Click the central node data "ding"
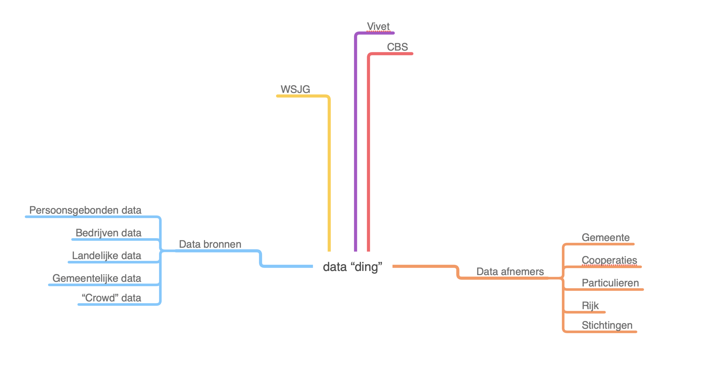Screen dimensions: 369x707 (x=352, y=267)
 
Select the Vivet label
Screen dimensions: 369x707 (x=378, y=27)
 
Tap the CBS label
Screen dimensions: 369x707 (x=397, y=47)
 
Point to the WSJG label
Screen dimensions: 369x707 (x=295, y=89)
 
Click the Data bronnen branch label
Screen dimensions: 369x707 (x=210, y=244)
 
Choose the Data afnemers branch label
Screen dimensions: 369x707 (x=510, y=272)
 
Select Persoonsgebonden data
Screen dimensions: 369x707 (x=85, y=210)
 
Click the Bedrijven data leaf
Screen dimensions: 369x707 (x=108, y=233)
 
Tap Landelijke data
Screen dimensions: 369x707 (x=106, y=255)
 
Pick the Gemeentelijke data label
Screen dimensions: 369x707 (x=97, y=278)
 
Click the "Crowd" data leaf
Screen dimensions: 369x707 (x=111, y=298)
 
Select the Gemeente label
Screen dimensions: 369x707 (x=605, y=237)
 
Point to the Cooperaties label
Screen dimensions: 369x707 (x=609, y=260)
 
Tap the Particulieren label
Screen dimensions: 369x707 (x=610, y=283)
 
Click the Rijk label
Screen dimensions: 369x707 (x=590, y=305)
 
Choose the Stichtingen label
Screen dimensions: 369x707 (x=607, y=325)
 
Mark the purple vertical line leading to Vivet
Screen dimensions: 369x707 (x=355, y=141)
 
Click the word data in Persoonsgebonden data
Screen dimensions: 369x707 (x=131, y=210)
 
